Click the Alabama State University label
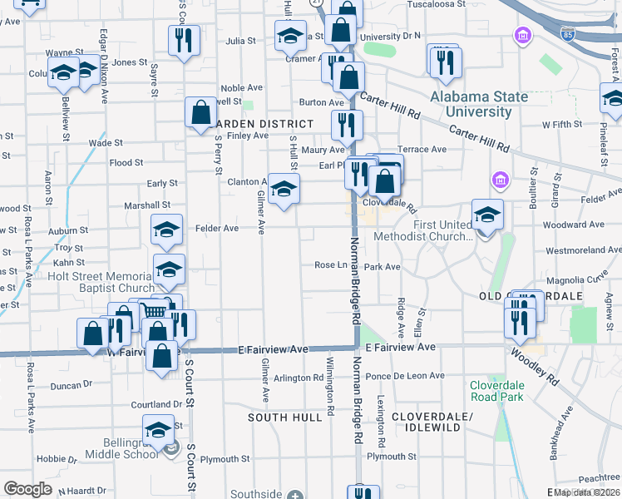(x=479, y=104)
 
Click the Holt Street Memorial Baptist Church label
(x=101, y=282)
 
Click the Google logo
(x=27, y=489)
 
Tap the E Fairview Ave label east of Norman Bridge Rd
(x=400, y=346)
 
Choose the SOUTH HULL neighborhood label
(x=284, y=417)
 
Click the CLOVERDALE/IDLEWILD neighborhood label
(x=426, y=421)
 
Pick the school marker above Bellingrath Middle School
(x=157, y=429)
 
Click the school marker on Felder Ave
(x=166, y=230)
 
